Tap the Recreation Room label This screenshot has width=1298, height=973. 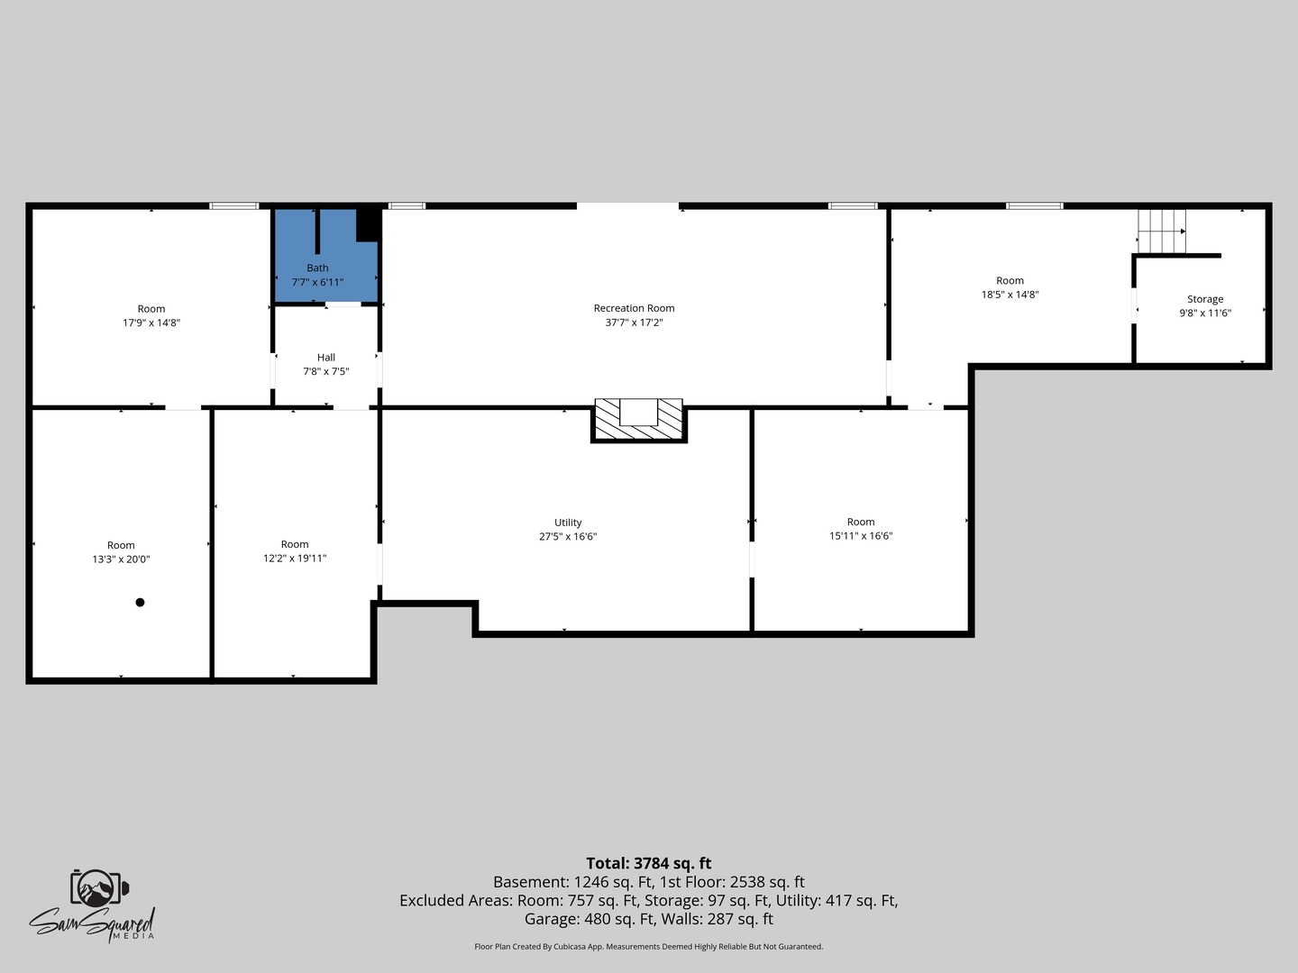pyautogui.click(x=634, y=308)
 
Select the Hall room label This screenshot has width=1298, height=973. pyautogui.click(x=325, y=358)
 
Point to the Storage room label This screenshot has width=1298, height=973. pyautogui.click(x=1205, y=299)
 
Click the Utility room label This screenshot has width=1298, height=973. pyautogui.click(x=568, y=523)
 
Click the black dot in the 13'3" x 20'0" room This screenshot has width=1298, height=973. pyautogui.click(x=140, y=603)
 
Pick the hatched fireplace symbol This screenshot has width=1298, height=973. pyautogui.click(x=639, y=420)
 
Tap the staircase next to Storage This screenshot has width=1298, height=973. pyautogui.click(x=1162, y=231)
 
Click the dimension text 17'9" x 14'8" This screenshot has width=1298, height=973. pyautogui.click(x=151, y=323)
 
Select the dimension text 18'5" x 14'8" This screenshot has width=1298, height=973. pyautogui.click(x=1010, y=295)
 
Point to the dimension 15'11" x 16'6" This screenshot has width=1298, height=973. pyautogui.click(x=861, y=536)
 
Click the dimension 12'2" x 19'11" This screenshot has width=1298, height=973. pyautogui.click(x=295, y=559)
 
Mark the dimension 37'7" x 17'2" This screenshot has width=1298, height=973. pyautogui.click(x=634, y=323)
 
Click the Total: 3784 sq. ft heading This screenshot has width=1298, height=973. pyautogui.click(x=649, y=863)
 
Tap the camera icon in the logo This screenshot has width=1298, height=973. pyautogui.click(x=99, y=887)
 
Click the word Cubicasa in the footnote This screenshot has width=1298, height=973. pyautogui.click(x=571, y=946)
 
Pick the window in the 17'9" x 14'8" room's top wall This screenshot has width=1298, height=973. pyautogui.click(x=234, y=205)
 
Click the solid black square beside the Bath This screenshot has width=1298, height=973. pyautogui.click(x=368, y=224)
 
